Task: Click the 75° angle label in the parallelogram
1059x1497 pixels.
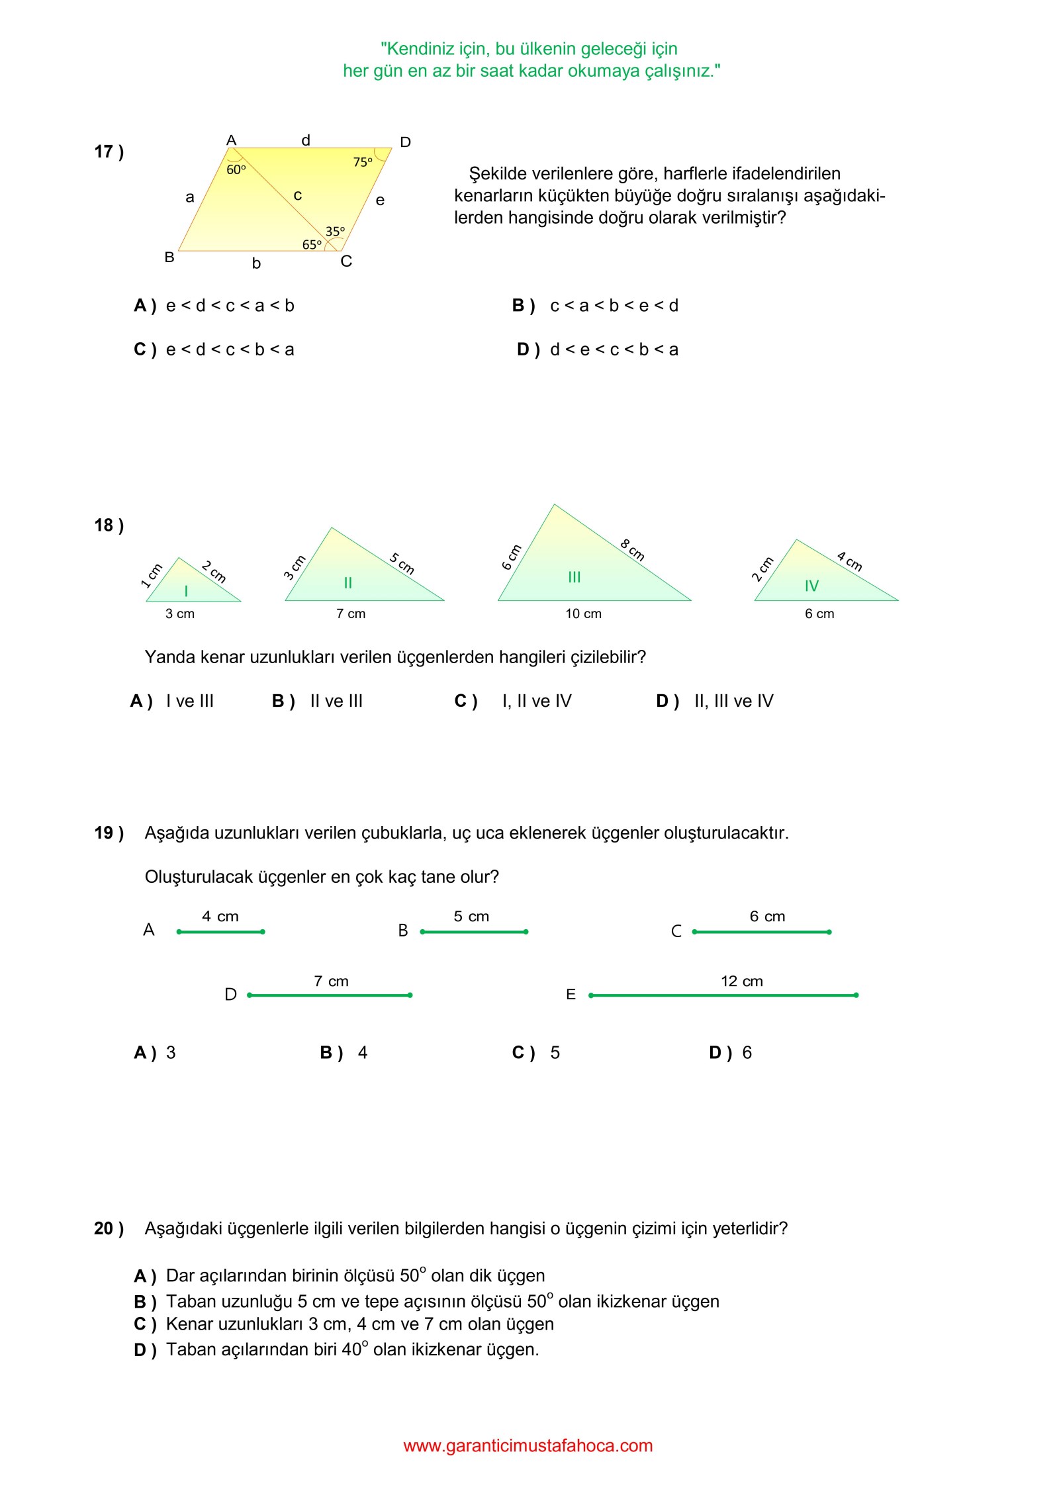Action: pos(363,162)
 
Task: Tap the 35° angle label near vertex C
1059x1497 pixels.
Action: pos(335,232)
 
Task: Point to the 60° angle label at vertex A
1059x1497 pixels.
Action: pos(236,170)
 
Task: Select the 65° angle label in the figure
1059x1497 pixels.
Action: pos(312,245)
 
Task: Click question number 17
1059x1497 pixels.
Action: pos(109,152)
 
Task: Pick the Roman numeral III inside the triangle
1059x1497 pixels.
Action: pos(574,577)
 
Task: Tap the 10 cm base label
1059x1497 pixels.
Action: pos(583,614)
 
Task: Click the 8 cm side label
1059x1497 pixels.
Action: pos(632,550)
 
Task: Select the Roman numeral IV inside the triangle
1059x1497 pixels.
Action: pos(811,586)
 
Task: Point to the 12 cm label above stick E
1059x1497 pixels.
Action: pos(741,981)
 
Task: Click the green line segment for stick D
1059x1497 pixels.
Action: pos(330,995)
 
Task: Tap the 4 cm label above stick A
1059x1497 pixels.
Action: pos(220,917)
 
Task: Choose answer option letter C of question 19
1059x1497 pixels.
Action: pos(522,1053)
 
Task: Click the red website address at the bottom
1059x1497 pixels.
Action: pos(528,1445)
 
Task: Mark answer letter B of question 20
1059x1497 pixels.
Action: pos(144,1302)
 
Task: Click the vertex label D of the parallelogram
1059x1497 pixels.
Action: pos(406,142)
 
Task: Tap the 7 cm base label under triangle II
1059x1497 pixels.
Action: pos(351,614)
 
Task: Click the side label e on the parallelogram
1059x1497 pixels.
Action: pos(380,200)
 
